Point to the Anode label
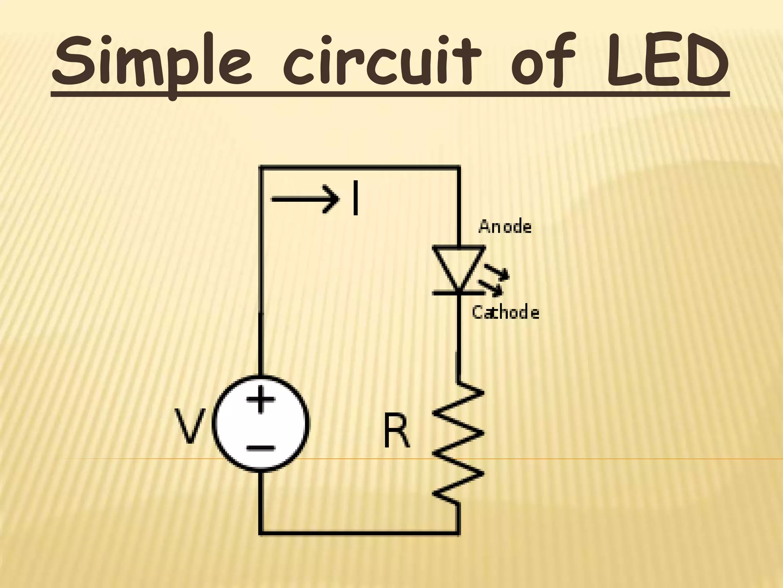505,227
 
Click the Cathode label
505,312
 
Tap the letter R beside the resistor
396,433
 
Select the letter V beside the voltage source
190,426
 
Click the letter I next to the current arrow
356,198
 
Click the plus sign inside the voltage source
261,399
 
